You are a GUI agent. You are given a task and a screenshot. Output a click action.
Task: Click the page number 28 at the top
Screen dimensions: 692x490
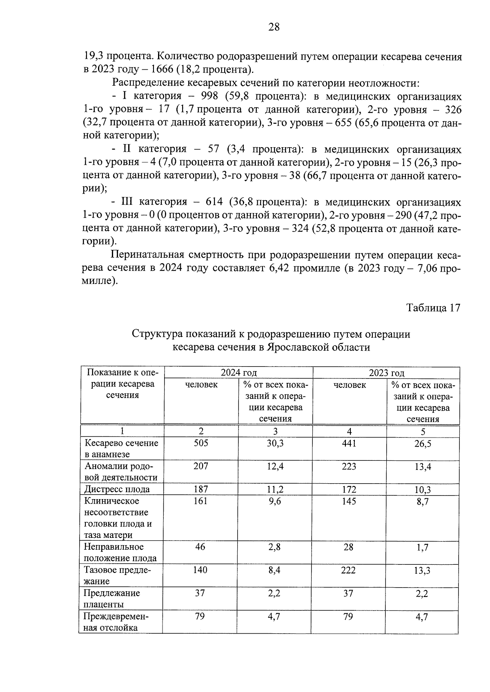tap(274, 27)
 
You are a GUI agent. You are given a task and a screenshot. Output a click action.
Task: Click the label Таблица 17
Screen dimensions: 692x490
tap(433, 307)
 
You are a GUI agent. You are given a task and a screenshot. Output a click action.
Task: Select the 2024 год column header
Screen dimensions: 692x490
tap(238, 372)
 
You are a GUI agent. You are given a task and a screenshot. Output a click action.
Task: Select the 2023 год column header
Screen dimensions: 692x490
tap(386, 372)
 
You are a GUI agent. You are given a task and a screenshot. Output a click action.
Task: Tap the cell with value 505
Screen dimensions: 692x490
tap(200, 443)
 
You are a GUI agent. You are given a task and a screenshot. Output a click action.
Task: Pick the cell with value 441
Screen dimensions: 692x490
tap(349, 443)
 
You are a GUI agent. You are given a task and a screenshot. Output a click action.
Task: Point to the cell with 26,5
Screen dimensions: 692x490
tap(423, 444)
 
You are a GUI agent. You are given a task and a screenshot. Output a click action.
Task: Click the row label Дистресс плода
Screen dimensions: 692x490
tap(117, 489)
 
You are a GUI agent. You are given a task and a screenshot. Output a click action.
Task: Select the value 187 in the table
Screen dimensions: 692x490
tap(200, 489)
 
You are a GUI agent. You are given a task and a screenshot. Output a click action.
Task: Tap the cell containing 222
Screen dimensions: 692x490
tap(348, 570)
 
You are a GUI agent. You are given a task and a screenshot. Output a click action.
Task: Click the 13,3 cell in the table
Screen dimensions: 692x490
tap(422, 570)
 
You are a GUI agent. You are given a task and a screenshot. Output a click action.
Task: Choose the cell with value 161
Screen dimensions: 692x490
tap(200, 501)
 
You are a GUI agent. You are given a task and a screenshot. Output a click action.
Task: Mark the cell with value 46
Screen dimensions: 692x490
tap(200, 547)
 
